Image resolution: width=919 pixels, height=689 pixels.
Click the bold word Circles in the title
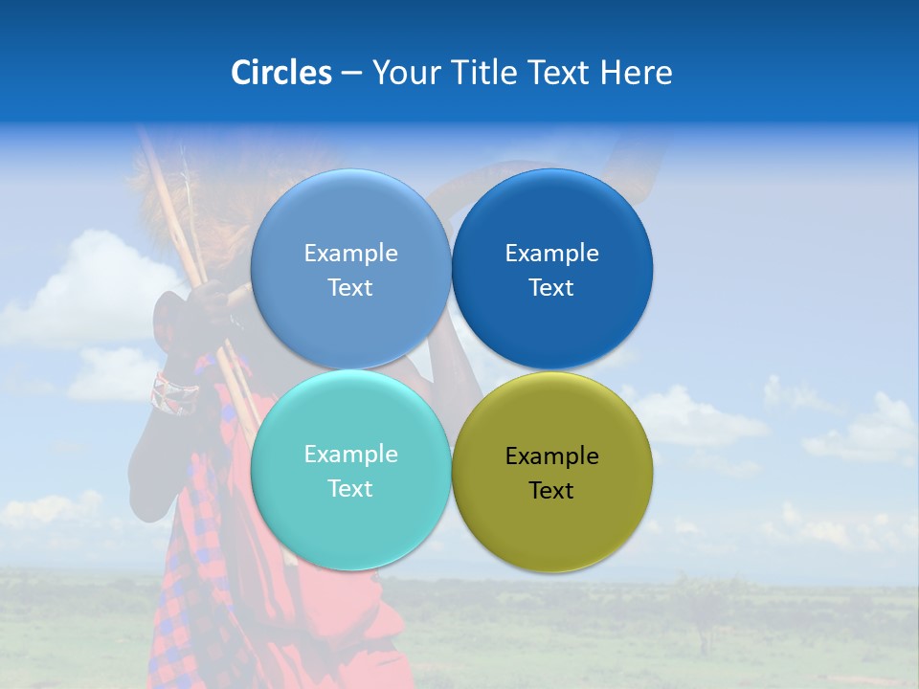tap(281, 73)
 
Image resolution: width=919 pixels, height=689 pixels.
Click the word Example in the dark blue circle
tap(551, 254)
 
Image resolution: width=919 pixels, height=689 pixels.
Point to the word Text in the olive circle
tap(551, 491)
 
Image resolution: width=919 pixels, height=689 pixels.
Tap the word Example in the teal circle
tap(350, 455)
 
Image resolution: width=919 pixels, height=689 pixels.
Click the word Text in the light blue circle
tap(350, 288)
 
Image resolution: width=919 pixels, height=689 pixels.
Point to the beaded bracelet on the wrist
tap(174, 391)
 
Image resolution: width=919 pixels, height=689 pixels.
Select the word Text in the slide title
tap(561, 73)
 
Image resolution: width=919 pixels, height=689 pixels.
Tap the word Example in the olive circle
tap(551, 456)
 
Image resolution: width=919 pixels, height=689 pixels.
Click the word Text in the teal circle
tap(350, 489)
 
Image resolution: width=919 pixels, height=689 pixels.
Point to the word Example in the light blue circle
tap(350, 254)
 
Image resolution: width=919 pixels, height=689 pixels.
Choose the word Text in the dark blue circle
tap(551, 288)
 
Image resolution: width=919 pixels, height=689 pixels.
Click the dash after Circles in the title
tap(351, 74)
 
